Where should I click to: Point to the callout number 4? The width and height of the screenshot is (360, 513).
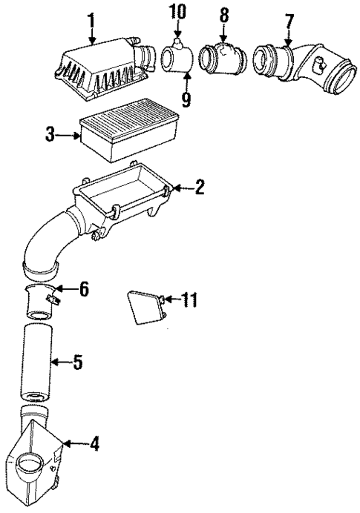[x=94, y=445]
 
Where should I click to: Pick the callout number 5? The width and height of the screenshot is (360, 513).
[x=76, y=363]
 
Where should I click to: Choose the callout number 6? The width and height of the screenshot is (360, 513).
[x=83, y=288]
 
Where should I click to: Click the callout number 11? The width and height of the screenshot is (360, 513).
[x=189, y=299]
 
